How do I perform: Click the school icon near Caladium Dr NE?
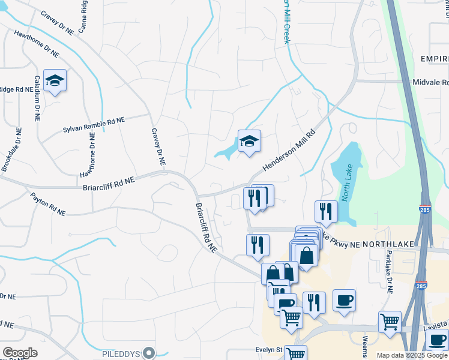(55, 82)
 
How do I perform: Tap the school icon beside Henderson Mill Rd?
(249, 142)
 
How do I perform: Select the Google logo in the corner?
(20, 353)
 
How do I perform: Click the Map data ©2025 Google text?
(411, 355)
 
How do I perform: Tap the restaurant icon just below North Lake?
(327, 211)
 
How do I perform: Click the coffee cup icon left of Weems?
(344, 300)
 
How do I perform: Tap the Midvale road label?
(430, 82)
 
